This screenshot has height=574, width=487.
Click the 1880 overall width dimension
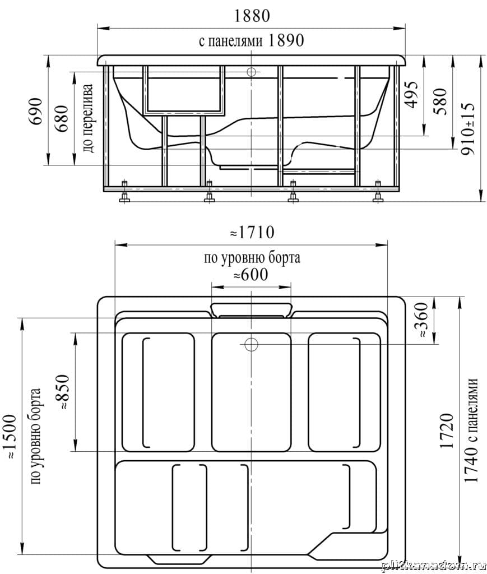coord(252,16)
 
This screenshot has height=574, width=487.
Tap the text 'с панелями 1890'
coord(252,40)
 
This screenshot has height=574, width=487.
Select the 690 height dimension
coord(36,111)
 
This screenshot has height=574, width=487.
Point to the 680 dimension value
coord(62,119)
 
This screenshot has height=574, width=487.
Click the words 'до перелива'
coord(88,118)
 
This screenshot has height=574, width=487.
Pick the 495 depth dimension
coord(411,94)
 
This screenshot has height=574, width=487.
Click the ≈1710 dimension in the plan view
coord(252,233)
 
